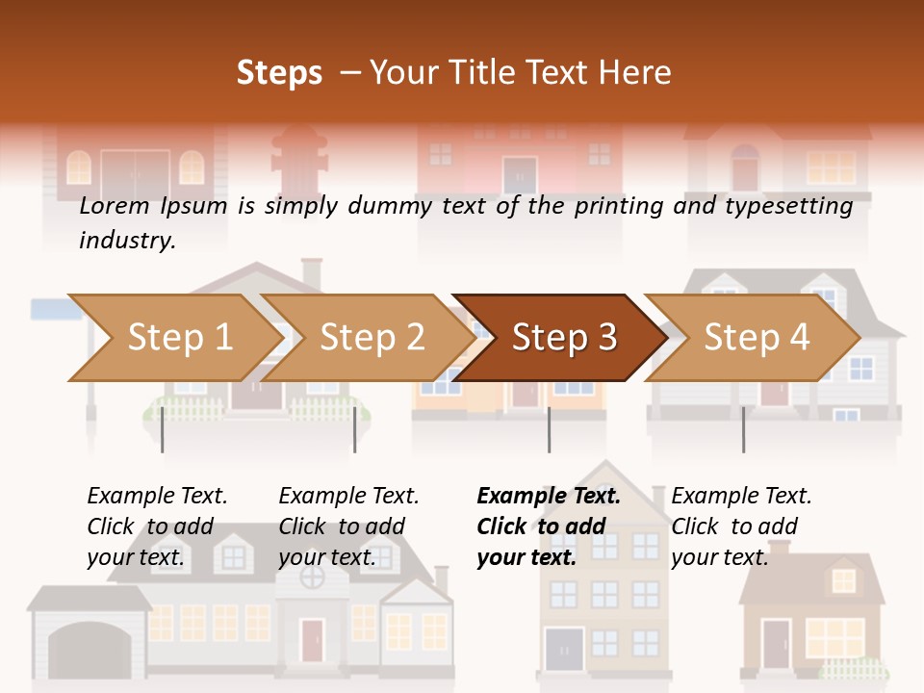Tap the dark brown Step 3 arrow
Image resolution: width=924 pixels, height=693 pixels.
click(x=564, y=338)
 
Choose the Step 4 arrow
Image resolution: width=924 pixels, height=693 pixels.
click(x=757, y=338)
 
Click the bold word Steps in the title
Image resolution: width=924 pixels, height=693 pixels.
click(x=279, y=72)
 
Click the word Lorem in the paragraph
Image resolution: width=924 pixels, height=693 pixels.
click(x=115, y=206)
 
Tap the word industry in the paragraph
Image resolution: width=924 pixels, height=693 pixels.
click(x=127, y=241)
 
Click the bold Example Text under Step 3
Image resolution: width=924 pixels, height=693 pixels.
click(x=549, y=497)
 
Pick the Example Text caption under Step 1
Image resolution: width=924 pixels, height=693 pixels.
click(x=157, y=497)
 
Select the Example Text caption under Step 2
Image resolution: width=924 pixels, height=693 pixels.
click(x=348, y=497)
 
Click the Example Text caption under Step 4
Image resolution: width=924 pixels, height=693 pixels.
click(x=741, y=497)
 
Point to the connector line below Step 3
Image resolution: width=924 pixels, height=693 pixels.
click(x=550, y=429)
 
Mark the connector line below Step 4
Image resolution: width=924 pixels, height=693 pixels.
click(x=743, y=429)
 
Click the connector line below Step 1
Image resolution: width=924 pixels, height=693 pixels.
click(x=163, y=429)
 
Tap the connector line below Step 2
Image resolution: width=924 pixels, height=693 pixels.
click(x=355, y=429)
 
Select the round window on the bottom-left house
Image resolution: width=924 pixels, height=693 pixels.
click(x=313, y=577)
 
